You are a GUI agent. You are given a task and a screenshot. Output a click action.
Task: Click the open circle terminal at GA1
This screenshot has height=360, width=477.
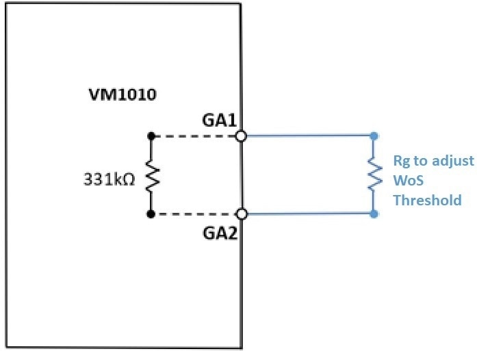pos(241,136)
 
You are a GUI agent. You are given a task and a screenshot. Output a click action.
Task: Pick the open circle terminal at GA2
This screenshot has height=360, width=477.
pos(241,214)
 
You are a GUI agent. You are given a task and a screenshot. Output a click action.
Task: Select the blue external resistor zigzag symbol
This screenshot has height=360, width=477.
pos(374,175)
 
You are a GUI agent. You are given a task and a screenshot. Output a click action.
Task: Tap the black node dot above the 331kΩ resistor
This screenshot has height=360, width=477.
pos(150,136)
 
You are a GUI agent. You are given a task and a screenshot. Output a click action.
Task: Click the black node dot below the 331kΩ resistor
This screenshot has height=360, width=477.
pos(150,214)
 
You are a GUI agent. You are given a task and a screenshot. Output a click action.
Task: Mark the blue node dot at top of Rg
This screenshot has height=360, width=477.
pos(374,136)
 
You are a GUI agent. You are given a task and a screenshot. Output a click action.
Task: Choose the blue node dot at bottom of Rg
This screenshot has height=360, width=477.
pos(374,214)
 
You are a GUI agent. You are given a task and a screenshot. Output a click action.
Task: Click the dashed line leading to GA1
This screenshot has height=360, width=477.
pos(195,136)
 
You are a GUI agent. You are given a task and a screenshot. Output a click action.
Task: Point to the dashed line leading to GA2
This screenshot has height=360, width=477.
pos(195,214)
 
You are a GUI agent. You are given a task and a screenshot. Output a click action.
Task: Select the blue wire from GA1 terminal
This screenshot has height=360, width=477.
pos(308,136)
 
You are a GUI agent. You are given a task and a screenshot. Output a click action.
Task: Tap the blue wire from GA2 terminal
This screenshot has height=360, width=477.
pos(308,214)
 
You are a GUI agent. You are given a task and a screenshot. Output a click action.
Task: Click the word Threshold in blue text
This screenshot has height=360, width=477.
pos(427,201)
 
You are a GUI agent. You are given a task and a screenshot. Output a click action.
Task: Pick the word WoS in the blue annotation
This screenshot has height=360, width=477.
pos(407,181)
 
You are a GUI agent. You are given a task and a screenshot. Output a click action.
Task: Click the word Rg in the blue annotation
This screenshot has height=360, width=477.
pos(400,162)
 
